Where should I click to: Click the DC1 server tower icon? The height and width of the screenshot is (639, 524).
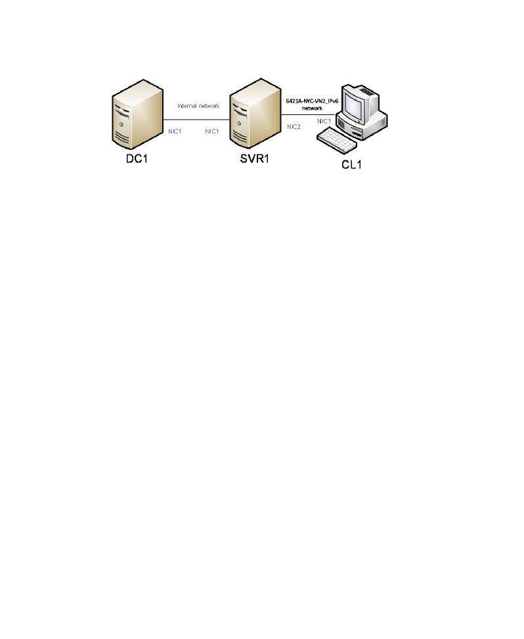[x=138, y=114]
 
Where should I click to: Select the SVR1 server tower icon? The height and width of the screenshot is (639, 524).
[x=255, y=113]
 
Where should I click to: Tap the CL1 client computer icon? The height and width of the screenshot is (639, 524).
[x=352, y=119]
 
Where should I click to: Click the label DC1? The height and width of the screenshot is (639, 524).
[x=137, y=158]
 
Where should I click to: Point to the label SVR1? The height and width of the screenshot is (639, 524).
[x=255, y=158]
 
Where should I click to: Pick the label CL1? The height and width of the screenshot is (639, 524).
[x=351, y=164]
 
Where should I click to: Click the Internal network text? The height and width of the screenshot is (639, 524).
[x=198, y=106]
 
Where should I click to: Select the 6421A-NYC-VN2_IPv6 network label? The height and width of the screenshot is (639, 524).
[x=312, y=105]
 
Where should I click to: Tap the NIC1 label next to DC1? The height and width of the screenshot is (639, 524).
[x=175, y=131]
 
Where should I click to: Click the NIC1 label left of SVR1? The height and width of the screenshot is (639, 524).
[x=211, y=131]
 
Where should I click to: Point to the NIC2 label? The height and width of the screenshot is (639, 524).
[x=294, y=127]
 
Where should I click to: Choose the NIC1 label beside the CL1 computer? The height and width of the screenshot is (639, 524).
[x=324, y=121]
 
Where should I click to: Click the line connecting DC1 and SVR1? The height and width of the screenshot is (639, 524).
[x=196, y=120]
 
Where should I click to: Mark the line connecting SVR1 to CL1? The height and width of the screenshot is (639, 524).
[x=308, y=114]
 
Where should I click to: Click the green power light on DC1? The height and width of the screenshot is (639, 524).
[x=121, y=124]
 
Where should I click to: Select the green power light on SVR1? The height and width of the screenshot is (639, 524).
[x=238, y=123]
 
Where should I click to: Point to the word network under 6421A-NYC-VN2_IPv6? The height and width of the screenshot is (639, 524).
[x=312, y=108]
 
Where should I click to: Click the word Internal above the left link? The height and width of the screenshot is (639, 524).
[x=187, y=106]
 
